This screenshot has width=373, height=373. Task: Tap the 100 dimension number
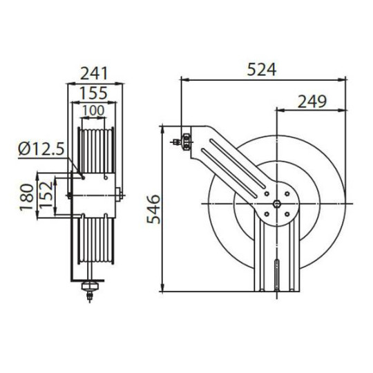pyautogui.click(x=95, y=110)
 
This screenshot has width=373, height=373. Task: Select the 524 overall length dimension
pyautogui.click(x=262, y=69)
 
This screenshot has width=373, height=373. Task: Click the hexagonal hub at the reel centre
pyautogui.click(x=278, y=203)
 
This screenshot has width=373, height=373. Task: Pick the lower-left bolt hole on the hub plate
pyautogui.click(x=267, y=213)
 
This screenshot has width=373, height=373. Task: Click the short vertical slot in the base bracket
pyautogui.click(x=278, y=272)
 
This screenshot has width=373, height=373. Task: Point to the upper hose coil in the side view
pyautogui.click(x=95, y=148)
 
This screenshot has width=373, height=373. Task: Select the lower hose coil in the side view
pyautogui.click(x=95, y=238)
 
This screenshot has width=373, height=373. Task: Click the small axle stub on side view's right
pyautogui.click(x=119, y=196)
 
